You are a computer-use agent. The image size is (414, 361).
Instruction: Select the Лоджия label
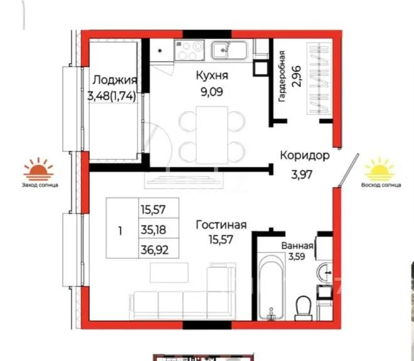pyautogui.click(x=115, y=80)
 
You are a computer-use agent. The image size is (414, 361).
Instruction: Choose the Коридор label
pyautogui.click(x=304, y=156)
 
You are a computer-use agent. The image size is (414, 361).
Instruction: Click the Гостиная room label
pyautogui.click(x=221, y=225)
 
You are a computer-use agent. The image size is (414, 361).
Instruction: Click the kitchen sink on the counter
pyautogui.click(x=223, y=49)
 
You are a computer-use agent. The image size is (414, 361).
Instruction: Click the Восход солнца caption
pyautogui.click(x=381, y=185)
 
